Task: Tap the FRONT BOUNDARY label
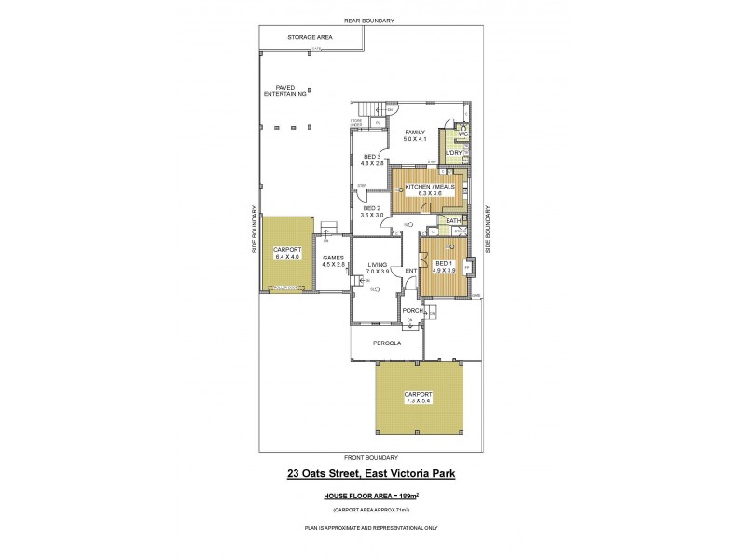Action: click(370, 457)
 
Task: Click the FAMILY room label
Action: click(415, 133)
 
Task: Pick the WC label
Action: click(463, 134)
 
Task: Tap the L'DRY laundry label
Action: click(454, 152)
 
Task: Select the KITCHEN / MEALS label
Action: click(428, 187)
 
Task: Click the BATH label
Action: click(454, 221)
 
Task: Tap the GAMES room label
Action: click(334, 258)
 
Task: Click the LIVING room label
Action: click(377, 264)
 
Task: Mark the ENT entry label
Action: click(409, 272)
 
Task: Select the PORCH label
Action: click(412, 310)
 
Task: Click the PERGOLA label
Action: click(387, 343)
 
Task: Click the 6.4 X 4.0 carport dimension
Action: click(285, 257)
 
